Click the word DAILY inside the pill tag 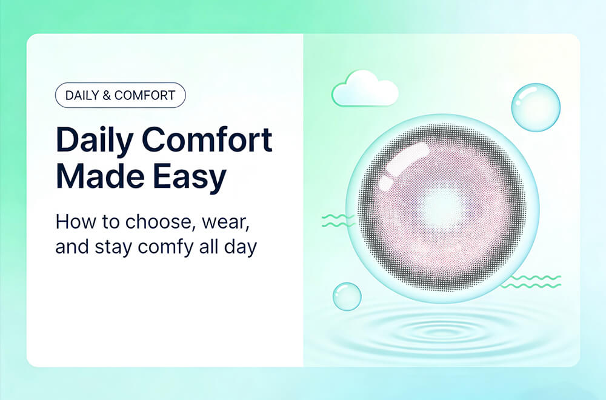pos(82,95)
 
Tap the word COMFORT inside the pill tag pos(145,95)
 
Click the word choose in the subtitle pos(153,222)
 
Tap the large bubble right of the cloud pos(536,107)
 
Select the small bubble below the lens pos(347,296)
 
